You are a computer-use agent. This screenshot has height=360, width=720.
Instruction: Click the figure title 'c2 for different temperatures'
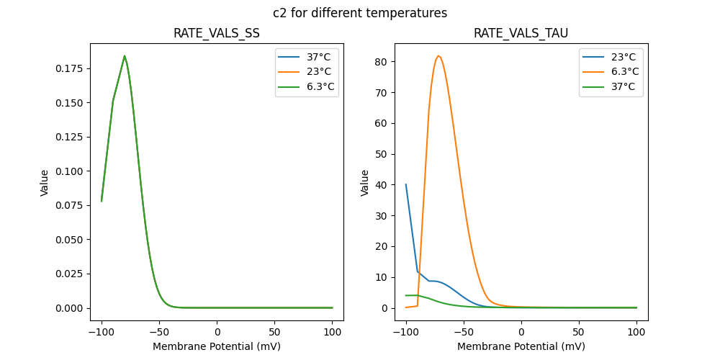point(360,13)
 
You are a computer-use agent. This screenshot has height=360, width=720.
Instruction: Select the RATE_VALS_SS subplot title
point(217,34)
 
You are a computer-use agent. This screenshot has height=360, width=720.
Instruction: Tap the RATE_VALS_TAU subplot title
point(521,34)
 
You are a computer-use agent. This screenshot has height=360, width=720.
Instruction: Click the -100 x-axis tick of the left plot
point(102,332)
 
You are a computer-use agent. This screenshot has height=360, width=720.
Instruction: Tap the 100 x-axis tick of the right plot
point(636,332)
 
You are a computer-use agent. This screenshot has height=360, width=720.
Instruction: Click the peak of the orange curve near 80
point(438,55)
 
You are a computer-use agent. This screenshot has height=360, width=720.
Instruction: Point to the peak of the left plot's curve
point(125,55)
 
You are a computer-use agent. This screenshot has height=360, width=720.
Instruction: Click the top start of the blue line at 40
point(406,184)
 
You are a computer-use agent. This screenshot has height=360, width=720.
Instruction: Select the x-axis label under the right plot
point(521,346)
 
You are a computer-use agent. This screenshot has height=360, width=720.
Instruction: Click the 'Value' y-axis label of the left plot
point(45,183)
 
